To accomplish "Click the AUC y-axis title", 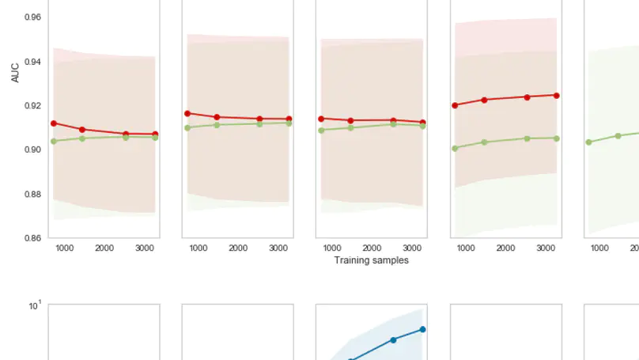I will tap(15, 73).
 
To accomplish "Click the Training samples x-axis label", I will tap(371, 260).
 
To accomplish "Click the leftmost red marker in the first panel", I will tap(54, 123).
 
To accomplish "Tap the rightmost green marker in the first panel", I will tap(155, 138).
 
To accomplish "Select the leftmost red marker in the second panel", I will tap(187, 114).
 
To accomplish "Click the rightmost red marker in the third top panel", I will tap(422, 123).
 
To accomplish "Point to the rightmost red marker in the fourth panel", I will tap(557, 95).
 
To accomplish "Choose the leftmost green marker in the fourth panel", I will tap(455, 148).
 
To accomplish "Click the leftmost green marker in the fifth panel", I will tap(588, 142).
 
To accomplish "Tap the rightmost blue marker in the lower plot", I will tap(423, 329).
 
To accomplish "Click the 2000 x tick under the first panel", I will tap(104, 248).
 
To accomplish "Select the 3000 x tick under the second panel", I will tap(278, 248).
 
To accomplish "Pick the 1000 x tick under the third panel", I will tap(332, 248).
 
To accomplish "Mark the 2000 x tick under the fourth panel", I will tap(506, 248).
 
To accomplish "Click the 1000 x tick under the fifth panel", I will tap(600, 248).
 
